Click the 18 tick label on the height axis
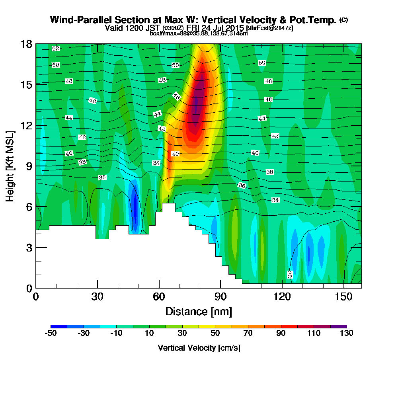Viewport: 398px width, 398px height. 27,44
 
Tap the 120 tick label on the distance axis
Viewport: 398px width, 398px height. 282,297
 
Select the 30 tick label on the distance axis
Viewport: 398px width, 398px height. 98,297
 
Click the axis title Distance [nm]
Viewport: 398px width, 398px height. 199,311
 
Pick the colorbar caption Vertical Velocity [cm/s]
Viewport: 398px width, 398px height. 199,348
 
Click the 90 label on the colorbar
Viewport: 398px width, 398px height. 281,333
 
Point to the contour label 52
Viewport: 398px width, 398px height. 56,49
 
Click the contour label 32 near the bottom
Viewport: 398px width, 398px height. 289,274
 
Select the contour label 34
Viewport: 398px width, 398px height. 275,200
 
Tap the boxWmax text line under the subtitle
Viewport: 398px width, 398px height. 199,34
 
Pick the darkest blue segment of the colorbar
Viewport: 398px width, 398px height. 59,326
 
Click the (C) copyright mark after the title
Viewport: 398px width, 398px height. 343,20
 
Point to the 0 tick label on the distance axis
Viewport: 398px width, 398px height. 36,297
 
